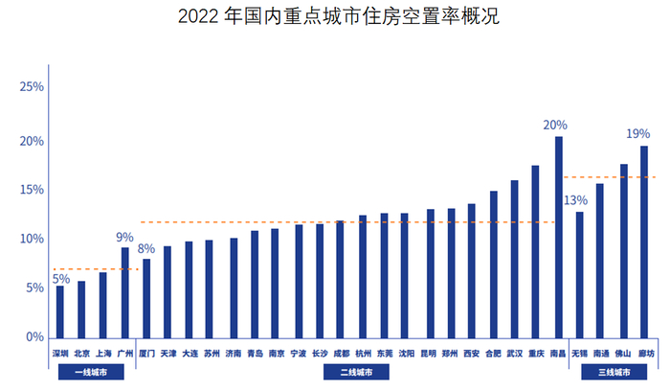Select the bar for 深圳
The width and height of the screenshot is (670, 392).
coord(60,311)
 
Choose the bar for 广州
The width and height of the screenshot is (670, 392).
coord(124,292)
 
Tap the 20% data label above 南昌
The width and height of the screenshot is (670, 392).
coord(555,125)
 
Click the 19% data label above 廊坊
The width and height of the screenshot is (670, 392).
coord(637,133)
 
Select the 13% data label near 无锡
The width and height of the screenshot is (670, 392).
coord(575,200)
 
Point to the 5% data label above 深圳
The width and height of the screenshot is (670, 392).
coord(60,279)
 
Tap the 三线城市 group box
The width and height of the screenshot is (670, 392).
coord(614,372)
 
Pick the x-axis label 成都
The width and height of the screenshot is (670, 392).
coord(342,353)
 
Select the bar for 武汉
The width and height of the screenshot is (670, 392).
coord(514,259)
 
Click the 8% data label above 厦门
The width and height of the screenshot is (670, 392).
coord(146,248)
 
